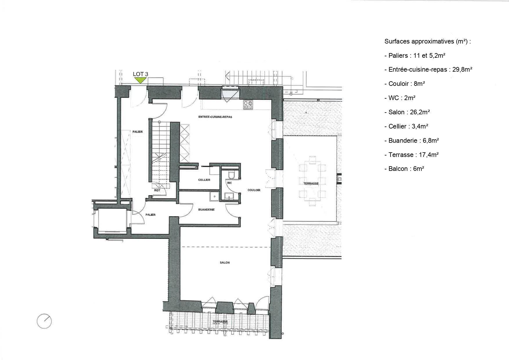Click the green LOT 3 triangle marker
click(140, 80)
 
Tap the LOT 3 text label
click(140, 74)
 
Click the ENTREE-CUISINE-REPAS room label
click(215, 117)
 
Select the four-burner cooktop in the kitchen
click(248, 105)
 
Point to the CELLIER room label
click(204, 180)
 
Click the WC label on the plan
click(230, 183)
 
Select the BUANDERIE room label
click(206, 209)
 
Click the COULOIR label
click(254, 190)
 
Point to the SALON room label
click(225, 263)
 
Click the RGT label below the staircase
click(157, 191)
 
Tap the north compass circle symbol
click(44, 321)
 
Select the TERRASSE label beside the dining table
click(311, 184)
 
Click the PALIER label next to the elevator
click(151, 215)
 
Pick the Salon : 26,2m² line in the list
click(407, 112)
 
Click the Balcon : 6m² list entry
click(404, 169)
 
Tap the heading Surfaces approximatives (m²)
click(427, 41)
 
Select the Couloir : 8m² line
click(405, 84)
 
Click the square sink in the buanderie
click(215, 196)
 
